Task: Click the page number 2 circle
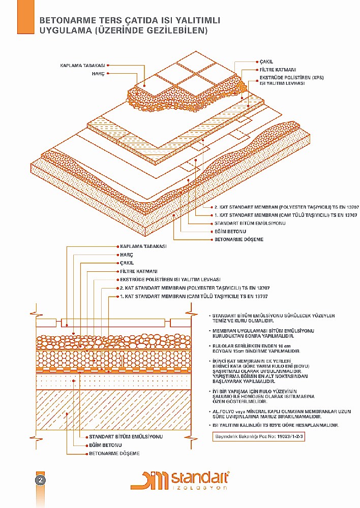click(41, 481)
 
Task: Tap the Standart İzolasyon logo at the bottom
click(180, 480)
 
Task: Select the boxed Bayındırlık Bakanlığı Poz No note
click(259, 436)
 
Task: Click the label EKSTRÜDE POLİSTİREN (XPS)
click(291, 78)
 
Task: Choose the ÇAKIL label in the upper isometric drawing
click(266, 61)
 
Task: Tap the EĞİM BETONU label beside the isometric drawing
click(230, 231)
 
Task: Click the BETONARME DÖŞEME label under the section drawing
click(114, 454)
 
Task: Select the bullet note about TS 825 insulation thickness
click(276, 425)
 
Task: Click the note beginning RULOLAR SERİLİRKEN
click(256, 348)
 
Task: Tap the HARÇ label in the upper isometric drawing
click(98, 74)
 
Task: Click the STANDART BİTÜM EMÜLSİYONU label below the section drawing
click(126, 437)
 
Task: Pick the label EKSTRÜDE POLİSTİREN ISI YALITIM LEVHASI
click(170, 279)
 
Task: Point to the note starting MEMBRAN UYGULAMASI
click(263, 333)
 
